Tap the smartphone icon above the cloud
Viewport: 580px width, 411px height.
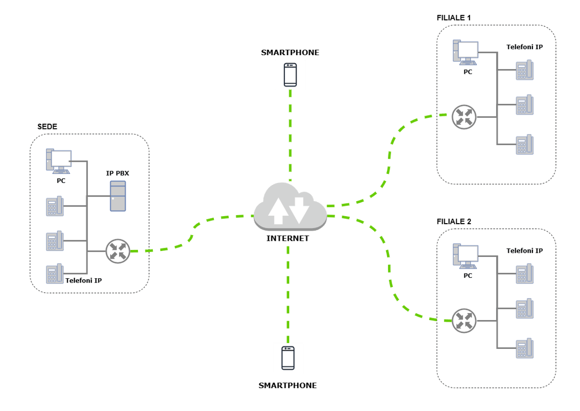290,74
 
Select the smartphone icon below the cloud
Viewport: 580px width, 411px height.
288,358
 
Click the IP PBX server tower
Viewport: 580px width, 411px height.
118,196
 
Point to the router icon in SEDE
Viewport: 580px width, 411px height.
118,251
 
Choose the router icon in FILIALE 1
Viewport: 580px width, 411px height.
463,117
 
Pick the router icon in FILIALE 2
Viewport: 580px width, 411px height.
463,321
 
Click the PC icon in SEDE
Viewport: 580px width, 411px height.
60,161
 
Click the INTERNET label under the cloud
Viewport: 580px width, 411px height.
288,239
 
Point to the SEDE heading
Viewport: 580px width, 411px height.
47,127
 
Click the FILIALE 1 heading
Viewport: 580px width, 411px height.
454,18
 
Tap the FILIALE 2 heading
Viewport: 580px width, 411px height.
454,221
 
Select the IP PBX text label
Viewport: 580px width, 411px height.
118,173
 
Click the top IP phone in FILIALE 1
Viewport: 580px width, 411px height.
524,70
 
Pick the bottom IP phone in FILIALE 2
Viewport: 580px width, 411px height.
524,348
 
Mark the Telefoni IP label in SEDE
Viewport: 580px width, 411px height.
83,280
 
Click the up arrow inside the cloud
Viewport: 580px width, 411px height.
277,210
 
